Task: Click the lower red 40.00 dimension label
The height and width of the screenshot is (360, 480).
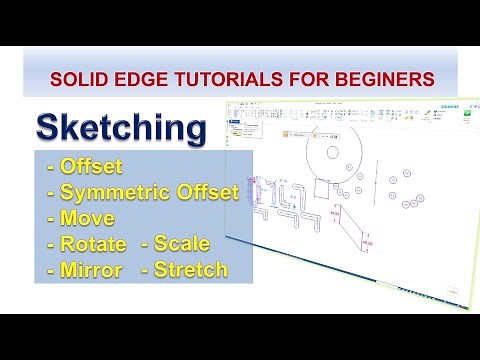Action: (367, 243)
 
